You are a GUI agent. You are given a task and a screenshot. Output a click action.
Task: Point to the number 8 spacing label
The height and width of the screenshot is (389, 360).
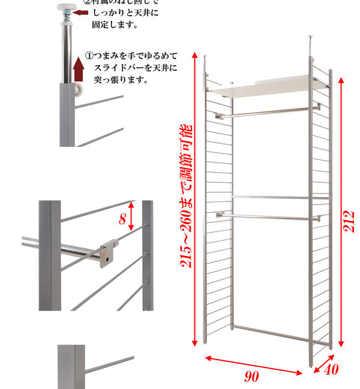[x=122, y=219]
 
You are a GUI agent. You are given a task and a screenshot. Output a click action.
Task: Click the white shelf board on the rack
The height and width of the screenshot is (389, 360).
[x=270, y=85]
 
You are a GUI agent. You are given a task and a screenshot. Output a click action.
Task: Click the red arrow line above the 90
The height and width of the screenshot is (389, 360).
[x=253, y=365]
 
